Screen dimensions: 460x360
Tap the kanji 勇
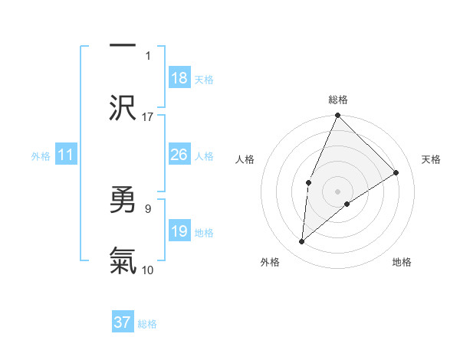coord(123,201)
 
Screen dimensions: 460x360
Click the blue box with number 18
coord(179,78)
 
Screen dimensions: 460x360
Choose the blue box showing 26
coord(179,155)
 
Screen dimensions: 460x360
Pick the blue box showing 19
coord(179,231)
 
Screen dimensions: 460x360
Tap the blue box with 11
coord(66,155)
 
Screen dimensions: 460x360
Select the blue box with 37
coord(123,322)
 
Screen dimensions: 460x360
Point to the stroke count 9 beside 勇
coord(148,208)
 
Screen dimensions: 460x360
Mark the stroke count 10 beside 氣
coord(148,270)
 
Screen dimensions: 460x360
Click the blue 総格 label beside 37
coord(147,324)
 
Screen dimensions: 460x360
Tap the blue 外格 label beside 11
coord(41,156)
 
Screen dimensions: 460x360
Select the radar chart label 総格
coord(338,100)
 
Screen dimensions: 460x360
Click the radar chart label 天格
coord(431,159)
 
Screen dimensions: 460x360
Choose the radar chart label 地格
coord(402,262)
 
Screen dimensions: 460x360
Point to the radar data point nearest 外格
coord(302,242)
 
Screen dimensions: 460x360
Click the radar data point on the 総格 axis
coord(337,116)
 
